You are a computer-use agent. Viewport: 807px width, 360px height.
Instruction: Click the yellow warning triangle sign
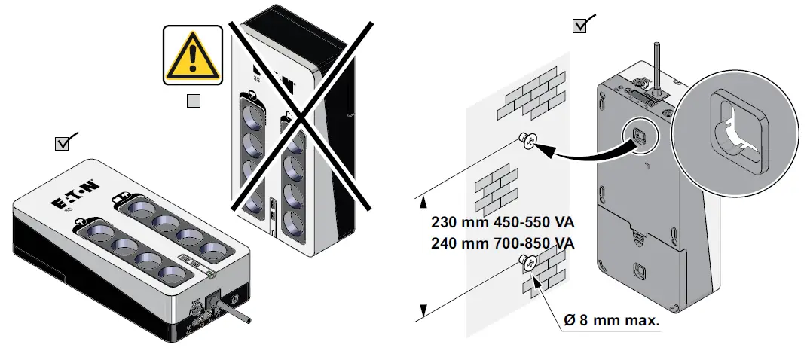pos(193,54)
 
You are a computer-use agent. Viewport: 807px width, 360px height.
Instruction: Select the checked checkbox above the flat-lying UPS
pos(63,143)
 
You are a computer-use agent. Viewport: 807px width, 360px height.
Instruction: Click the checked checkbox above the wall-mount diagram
pos(580,26)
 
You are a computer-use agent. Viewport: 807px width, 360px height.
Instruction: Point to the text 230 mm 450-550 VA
pos(503,223)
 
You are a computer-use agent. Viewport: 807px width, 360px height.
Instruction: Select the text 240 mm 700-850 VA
pos(503,243)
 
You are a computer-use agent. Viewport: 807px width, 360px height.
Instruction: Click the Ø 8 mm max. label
pos(611,320)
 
